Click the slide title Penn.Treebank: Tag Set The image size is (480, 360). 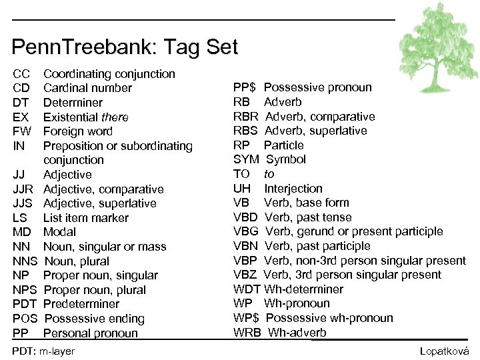tap(125, 47)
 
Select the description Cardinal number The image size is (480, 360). tap(87, 88)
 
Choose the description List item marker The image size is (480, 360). tap(86, 218)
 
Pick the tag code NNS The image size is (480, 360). tap(25, 261)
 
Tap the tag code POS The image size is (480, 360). tap(25, 319)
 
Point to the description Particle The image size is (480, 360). tap(283, 145)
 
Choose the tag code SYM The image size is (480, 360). tap(246, 159)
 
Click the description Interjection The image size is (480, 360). tap(293, 189)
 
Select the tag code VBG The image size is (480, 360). tap(247, 231)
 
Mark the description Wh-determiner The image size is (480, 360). tap(304, 289)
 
